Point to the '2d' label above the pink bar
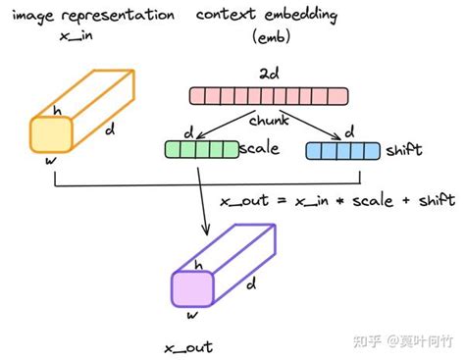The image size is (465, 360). (268, 74)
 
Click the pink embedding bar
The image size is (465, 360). (269, 95)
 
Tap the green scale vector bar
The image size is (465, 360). (200, 150)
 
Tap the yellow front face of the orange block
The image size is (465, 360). (47, 133)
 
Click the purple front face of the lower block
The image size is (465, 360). (190, 288)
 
